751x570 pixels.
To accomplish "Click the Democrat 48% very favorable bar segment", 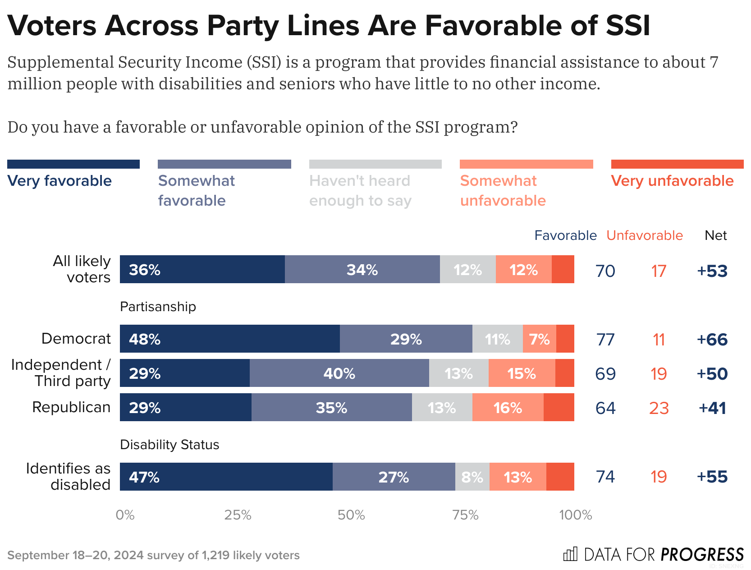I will [229, 339].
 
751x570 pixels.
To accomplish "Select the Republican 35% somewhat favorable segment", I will [331, 407].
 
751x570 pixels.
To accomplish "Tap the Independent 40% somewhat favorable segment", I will [339, 373].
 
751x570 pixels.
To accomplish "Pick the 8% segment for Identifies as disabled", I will [472, 477].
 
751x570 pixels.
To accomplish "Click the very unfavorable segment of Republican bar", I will [559, 407].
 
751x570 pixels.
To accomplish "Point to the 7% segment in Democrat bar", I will [539, 339].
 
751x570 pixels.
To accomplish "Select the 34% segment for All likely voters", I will [362, 269].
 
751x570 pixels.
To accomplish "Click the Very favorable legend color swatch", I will [73, 164].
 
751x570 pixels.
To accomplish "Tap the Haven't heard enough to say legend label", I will [360, 190].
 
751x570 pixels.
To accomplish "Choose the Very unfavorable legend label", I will [672, 181].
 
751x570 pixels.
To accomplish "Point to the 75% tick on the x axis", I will [465, 515].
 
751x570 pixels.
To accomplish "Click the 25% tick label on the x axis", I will [238, 515].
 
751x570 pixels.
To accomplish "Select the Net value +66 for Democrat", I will [712, 339].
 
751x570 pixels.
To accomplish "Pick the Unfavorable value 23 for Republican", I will [659, 408].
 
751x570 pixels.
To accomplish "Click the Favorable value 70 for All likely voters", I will [605, 271].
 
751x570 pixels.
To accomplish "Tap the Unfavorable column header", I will [644, 235].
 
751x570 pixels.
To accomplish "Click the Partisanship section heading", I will [158, 307].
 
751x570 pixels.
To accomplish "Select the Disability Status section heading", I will [169, 445].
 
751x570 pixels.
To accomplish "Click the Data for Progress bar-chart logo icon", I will [570, 554].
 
